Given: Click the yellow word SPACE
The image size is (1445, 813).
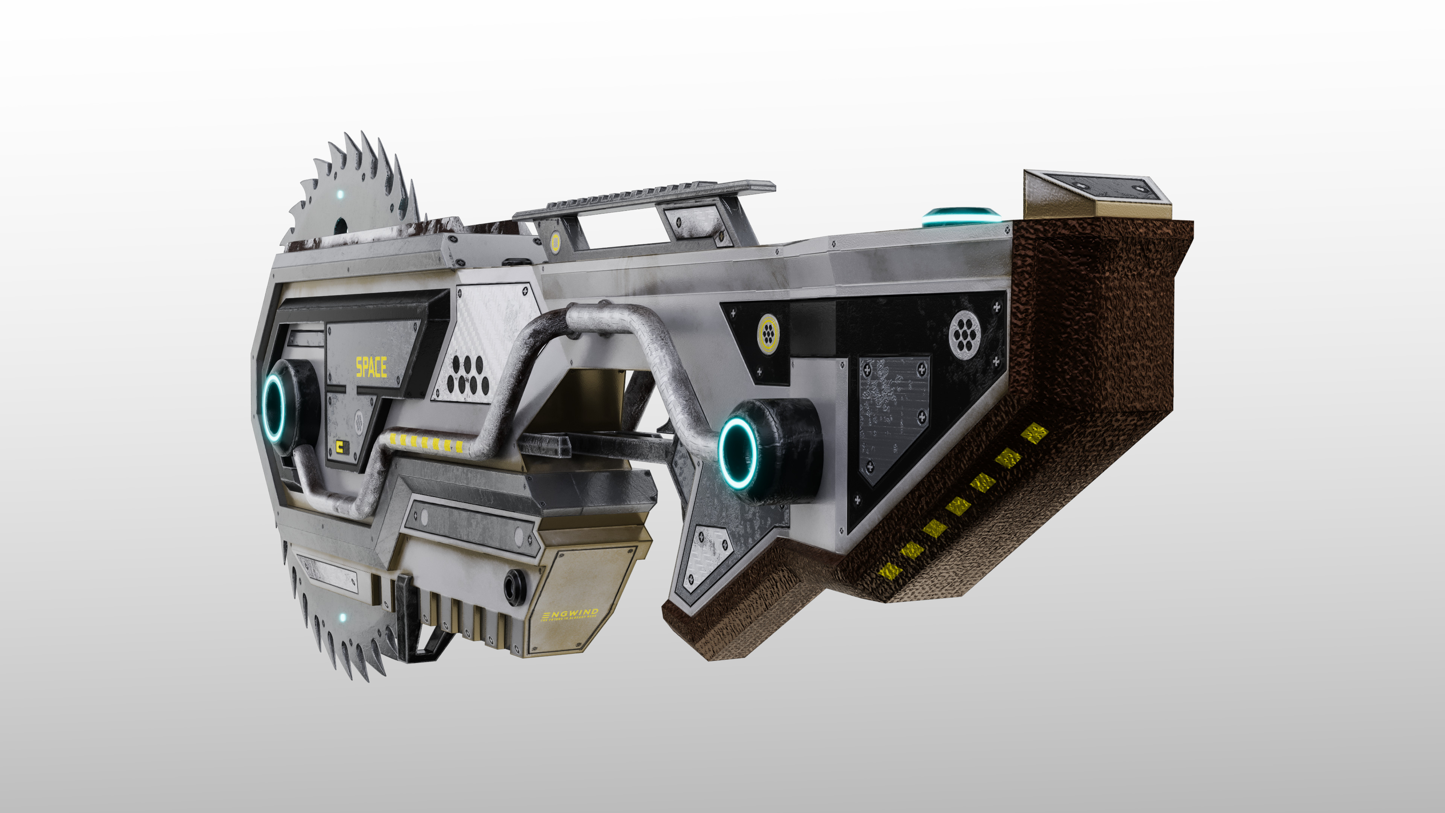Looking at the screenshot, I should (371, 367).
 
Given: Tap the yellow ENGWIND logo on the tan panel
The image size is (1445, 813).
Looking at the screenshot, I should (569, 613).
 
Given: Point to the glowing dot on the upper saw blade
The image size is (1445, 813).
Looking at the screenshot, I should (340, 195).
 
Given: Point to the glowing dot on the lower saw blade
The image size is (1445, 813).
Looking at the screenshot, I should (343, 617).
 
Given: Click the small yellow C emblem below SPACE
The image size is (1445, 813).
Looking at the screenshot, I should (340, 447).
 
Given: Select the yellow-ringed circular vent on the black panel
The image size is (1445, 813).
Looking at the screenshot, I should (768, 333).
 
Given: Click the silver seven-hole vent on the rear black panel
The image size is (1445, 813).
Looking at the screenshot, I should (964, 334).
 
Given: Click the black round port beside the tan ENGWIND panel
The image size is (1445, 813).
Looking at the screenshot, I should (514, 588).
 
